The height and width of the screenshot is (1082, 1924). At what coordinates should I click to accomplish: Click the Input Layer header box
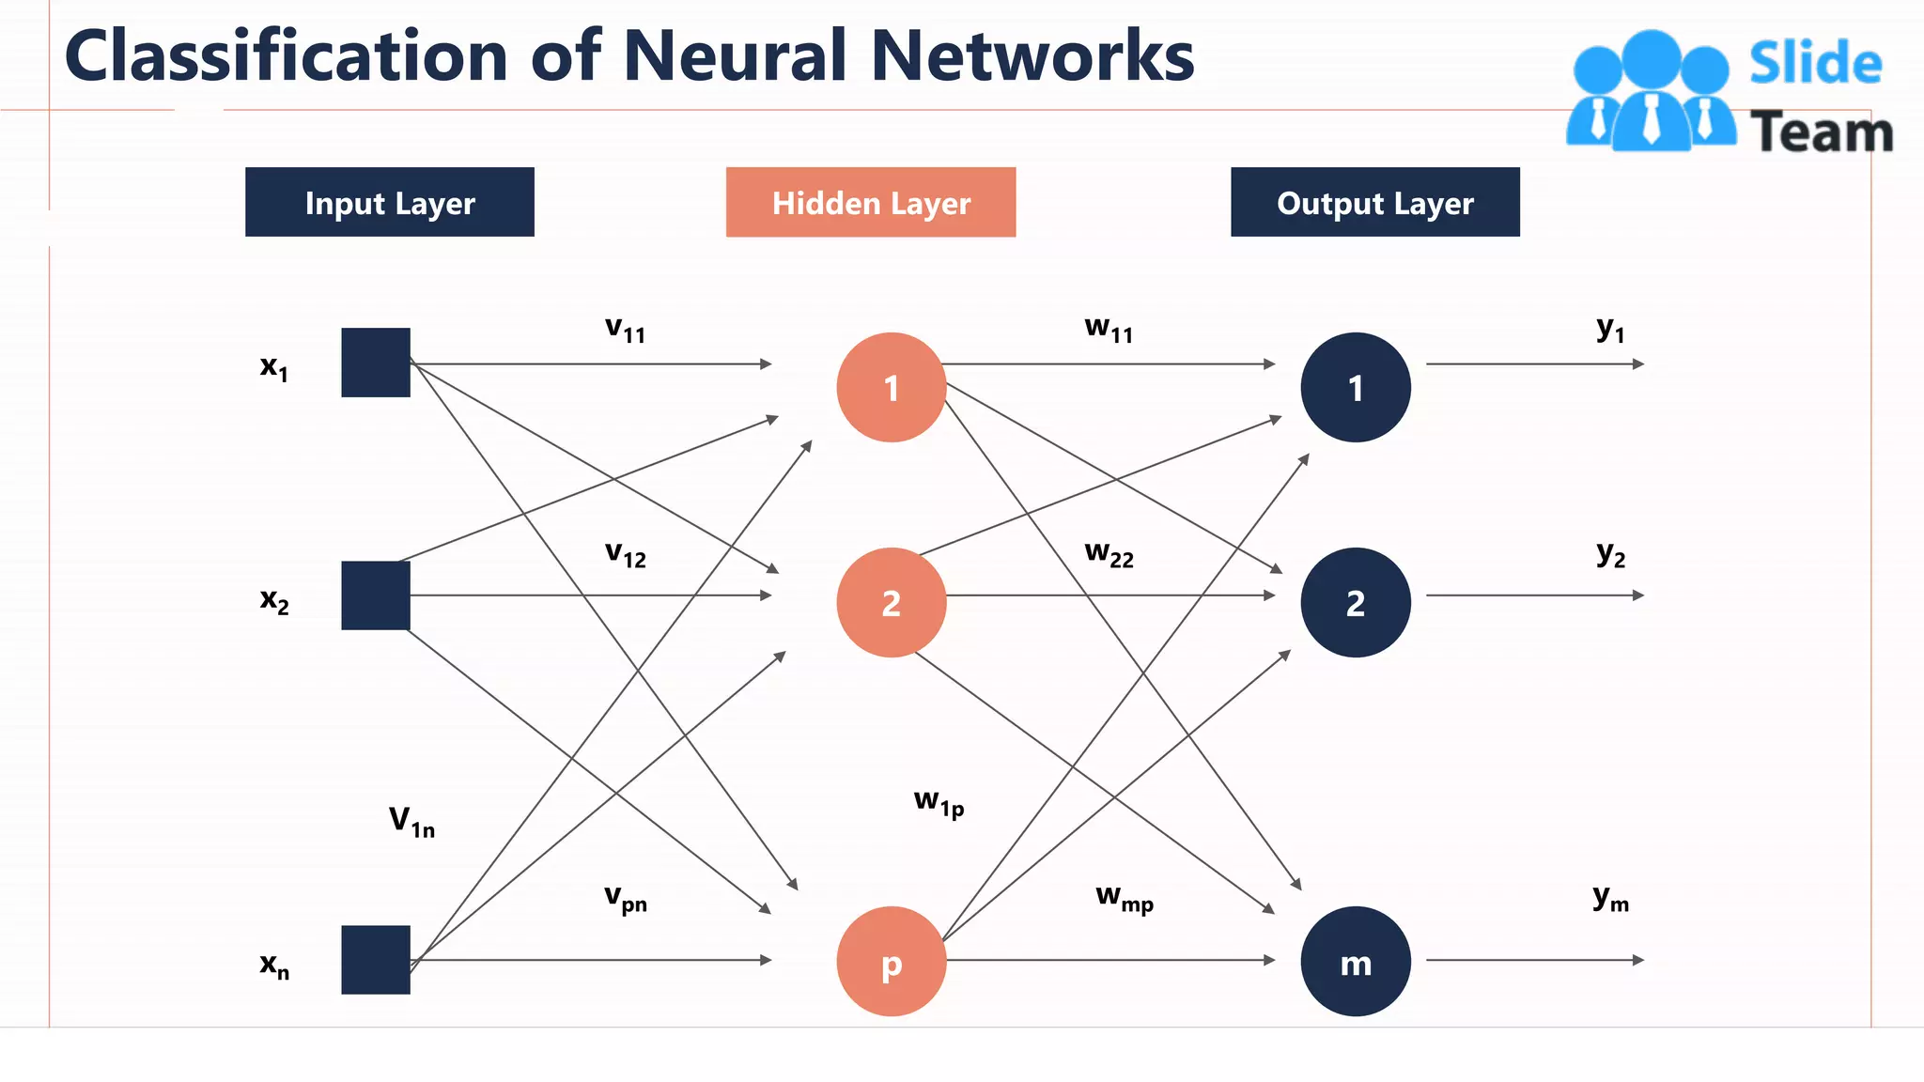click(x=389, y=202)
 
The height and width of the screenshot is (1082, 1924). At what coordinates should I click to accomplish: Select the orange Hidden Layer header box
click(x=870, y=202)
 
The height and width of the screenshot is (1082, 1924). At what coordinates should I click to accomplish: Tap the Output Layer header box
click(x=1374, y=202)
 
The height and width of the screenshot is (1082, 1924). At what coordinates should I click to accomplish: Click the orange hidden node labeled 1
click(x=891, y=387)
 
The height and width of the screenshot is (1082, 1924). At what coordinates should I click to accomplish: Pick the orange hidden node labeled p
click(x=891, y=961)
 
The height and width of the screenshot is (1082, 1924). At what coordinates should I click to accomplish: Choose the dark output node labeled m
click(x=1355, y=961)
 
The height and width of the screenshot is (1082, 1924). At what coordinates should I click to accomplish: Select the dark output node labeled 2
click(x=1355, y=602)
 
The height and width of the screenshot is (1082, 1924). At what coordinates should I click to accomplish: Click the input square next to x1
click(x=375, y=363)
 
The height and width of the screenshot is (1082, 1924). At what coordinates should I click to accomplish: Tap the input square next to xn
click(x=375, y=960)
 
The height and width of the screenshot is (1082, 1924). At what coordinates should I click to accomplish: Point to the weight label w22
click(x=1109, y=553)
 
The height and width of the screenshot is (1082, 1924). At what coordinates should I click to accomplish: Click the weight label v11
click(x=625, y=329)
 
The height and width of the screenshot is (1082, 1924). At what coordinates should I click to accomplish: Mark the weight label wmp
click(x=1124, y=898)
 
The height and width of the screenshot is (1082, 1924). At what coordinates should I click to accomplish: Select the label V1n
click(x=411, y=821)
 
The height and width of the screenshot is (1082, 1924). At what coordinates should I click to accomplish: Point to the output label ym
click(x=1610, y=898)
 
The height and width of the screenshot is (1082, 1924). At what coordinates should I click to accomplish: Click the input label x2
click(x=274, y=599)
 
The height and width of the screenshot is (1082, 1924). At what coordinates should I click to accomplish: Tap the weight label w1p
click(x=939, y=803)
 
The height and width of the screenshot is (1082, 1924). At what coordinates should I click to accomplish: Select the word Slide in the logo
click(x=1815, y=64)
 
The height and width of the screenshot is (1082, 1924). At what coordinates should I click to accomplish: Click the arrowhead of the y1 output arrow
click(x=1638, y=363)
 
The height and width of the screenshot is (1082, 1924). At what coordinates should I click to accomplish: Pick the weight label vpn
click(x=625, y=898)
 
